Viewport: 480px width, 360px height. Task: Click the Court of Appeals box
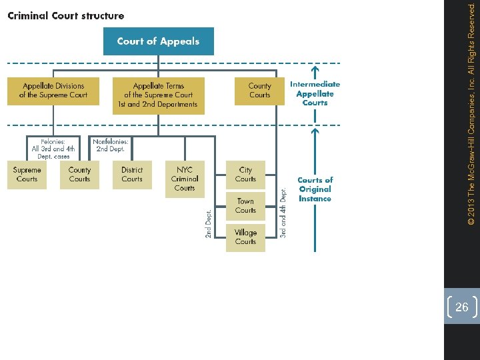(158, 41)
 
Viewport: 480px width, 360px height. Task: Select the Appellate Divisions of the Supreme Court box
(53, 91)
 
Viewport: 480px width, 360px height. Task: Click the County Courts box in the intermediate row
(259, 91)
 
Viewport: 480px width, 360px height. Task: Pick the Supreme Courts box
(27, 175)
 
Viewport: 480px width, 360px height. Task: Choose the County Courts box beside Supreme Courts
(79, 175)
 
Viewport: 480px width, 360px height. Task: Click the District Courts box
(132, 175)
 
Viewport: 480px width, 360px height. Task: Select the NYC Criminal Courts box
(185, 179)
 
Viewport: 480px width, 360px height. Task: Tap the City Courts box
(245, 175)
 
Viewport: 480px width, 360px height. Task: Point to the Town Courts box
(245, 206)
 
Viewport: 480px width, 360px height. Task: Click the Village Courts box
(245, 237)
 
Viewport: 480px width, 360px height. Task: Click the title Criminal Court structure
(65, 15)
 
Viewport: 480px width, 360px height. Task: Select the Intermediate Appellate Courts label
(315, 93)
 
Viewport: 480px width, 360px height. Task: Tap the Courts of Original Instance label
(315, 189)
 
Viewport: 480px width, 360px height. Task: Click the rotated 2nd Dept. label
(208, 224)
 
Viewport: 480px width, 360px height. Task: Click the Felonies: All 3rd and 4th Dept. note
(53, 149)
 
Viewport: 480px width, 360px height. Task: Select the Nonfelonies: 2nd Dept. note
(111, 145)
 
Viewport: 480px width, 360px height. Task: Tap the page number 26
(461, 307)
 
